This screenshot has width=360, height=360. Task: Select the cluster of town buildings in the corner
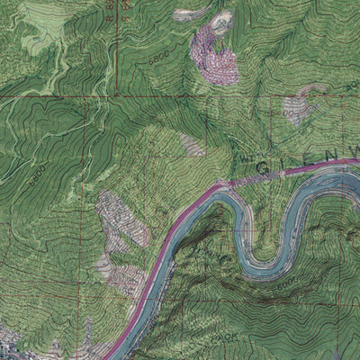click(x=13, y=342)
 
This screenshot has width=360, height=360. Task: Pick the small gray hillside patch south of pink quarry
click(x=191, y=143)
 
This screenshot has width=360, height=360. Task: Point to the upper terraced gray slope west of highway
click(x=112, y=216)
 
